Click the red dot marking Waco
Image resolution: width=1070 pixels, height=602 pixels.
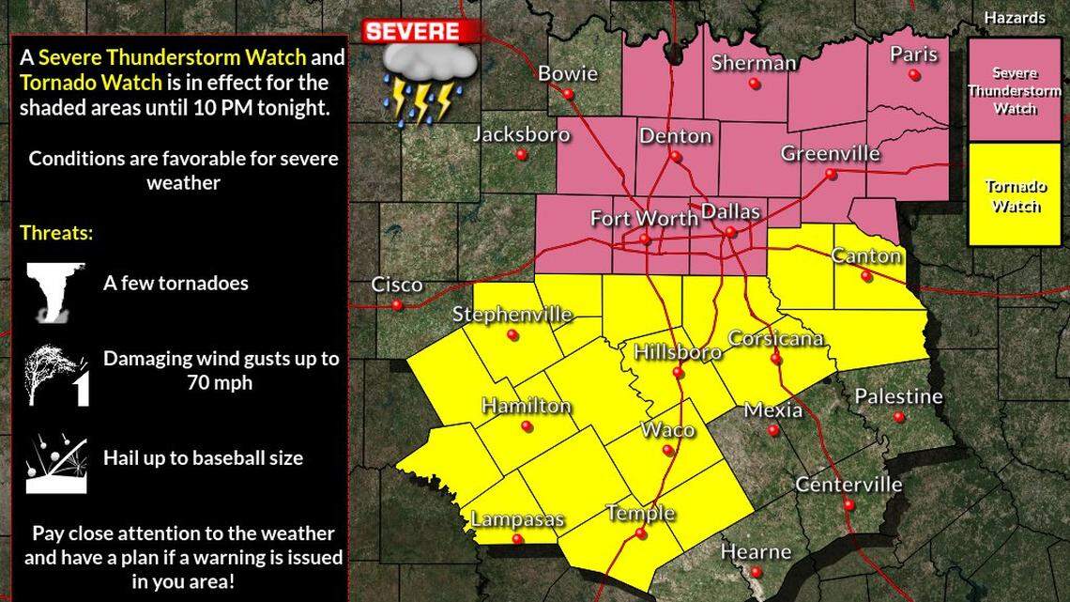(668, 451)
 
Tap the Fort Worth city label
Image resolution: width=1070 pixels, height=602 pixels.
(644, 219)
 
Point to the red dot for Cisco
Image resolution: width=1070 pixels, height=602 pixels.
(397, 305)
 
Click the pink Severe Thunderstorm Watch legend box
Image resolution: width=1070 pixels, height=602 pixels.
(1015, 90)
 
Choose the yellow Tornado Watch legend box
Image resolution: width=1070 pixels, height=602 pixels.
(1015, 195)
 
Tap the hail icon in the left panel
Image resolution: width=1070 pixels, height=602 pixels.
(55, 462)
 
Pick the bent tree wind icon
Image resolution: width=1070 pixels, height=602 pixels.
(55, 375)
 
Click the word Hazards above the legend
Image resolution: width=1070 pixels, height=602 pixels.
(1015, 17)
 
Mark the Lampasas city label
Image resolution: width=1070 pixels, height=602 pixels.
(517, 519)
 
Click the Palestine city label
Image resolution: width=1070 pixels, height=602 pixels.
(898, 397)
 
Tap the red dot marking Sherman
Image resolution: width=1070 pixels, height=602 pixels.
(755, 85)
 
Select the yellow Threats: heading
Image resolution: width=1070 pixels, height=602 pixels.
(56, 233)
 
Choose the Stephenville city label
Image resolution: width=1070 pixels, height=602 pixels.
(512, 315)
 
